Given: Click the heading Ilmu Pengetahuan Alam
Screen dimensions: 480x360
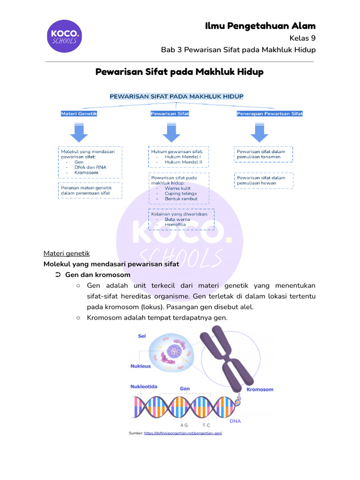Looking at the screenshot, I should pyautogui.click(x=260, y=26).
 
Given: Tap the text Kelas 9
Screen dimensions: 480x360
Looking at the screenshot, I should pyautogui.click(x=303, y=38).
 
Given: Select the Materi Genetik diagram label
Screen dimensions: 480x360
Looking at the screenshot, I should pyautogui.click(x=79, y=113).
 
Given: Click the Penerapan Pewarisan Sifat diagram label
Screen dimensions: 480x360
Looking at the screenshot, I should pyautogui.click(x=270, y=113).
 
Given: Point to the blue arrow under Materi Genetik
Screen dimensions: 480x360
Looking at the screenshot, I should pyautogui.click(x=79, y=132).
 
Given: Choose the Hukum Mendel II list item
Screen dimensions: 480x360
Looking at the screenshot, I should pyautogui.click(x=183, y=162).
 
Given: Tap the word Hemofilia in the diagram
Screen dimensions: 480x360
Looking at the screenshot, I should pyautogui.click(x=175, y=225).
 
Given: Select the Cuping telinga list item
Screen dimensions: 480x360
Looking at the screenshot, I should pyautogui.click(x=180, y=193).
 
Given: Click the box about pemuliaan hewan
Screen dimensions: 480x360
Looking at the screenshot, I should pyautogui.click(x=263, y=180).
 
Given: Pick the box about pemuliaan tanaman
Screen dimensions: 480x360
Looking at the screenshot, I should pyautogui.click(x=263, y=154).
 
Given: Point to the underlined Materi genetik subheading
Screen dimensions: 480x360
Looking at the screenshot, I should pyautogui.click(x=66, y=253).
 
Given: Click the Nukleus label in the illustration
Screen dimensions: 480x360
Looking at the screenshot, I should pyautogui.click(x=141, y=366).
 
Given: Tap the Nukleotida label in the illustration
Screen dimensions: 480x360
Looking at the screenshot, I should pyautogui.click(x=143, y=387).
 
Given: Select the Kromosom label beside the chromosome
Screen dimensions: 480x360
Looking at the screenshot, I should pyautogui.click(x=260, y=390).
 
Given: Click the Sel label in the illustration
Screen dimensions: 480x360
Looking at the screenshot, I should pyautogui.click(x=142, y=336).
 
